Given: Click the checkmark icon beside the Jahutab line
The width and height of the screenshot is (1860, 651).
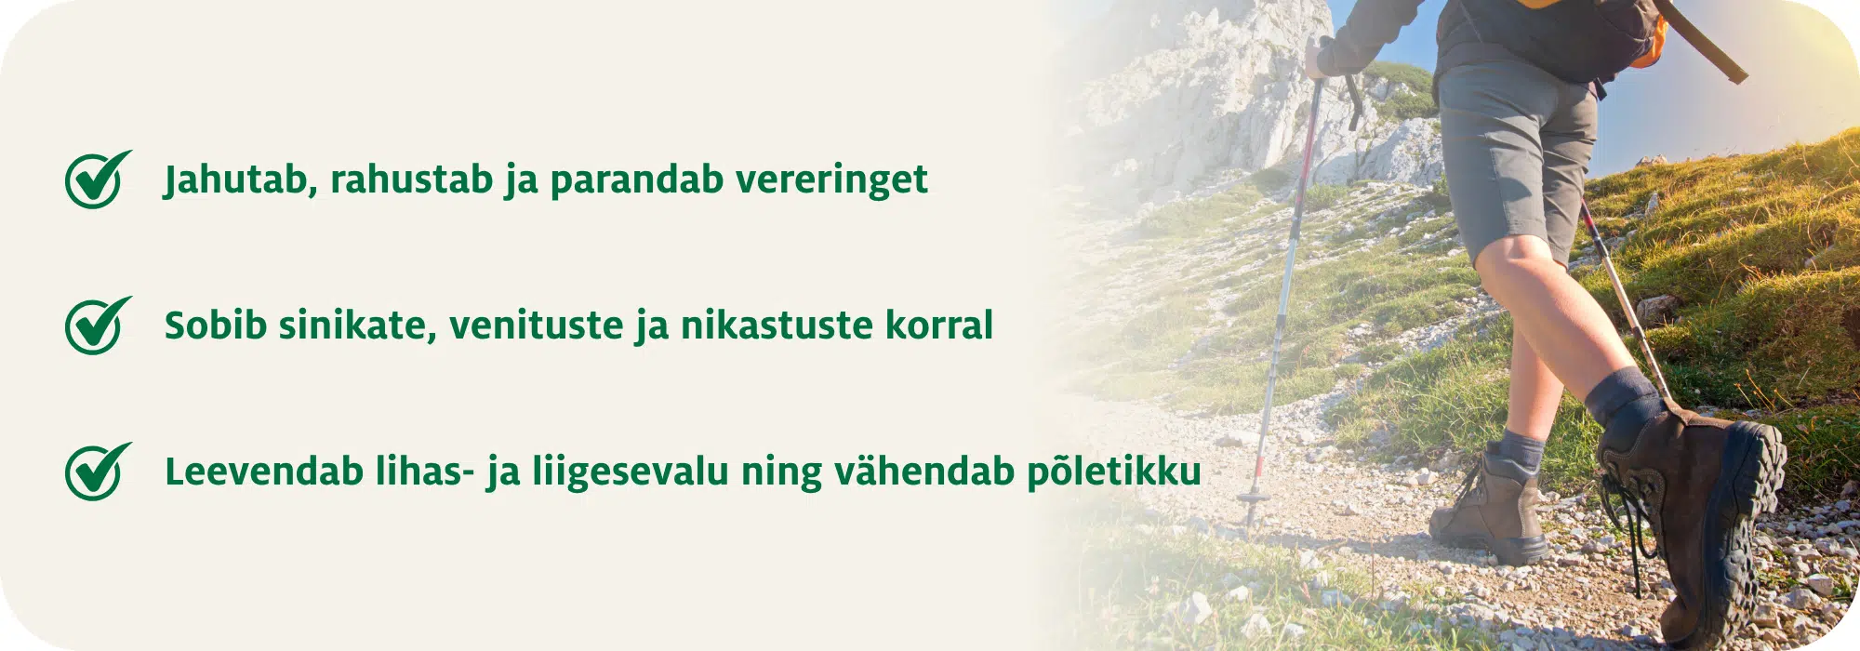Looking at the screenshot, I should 96,179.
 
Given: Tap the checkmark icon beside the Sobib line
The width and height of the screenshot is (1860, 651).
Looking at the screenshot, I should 96,325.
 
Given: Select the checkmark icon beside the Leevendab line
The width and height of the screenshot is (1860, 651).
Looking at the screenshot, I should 96,472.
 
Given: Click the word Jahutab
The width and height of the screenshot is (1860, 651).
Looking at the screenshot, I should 235,179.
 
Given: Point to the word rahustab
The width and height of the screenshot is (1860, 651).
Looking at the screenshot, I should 411,179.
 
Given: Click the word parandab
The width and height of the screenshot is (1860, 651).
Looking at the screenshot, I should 636,179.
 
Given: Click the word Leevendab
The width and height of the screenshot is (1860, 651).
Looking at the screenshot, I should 263,472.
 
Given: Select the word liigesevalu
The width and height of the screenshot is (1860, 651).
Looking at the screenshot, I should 630,472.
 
